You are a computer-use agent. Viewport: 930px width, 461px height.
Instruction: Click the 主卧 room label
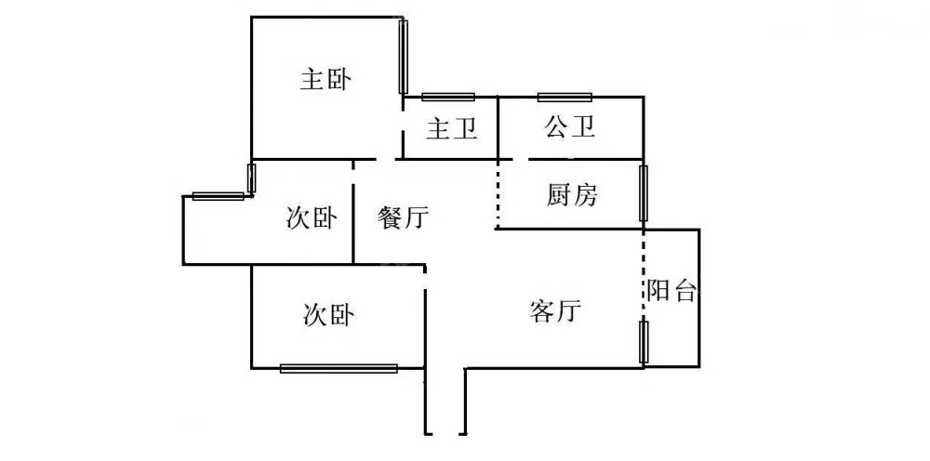325,80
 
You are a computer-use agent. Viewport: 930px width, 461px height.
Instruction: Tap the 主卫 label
451,129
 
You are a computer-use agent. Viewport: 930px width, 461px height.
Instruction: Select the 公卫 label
569,127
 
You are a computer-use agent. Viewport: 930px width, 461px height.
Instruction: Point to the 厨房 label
572,195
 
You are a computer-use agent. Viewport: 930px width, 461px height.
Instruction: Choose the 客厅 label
555,311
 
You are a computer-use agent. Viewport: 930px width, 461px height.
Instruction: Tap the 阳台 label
671,291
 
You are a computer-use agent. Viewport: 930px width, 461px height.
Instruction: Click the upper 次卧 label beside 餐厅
311,218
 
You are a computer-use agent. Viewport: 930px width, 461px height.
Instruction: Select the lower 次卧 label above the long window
328,316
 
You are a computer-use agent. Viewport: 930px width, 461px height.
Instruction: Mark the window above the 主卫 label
448,97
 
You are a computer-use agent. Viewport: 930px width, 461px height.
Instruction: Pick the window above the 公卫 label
565,97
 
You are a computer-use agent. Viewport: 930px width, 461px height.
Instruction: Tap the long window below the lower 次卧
339,368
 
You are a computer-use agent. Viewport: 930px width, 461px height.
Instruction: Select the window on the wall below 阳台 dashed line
643,341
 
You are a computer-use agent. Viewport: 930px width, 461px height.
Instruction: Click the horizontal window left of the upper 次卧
218,195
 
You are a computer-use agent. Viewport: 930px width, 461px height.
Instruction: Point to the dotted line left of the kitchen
498,193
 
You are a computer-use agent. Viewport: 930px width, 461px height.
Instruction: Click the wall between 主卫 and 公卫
498,127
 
